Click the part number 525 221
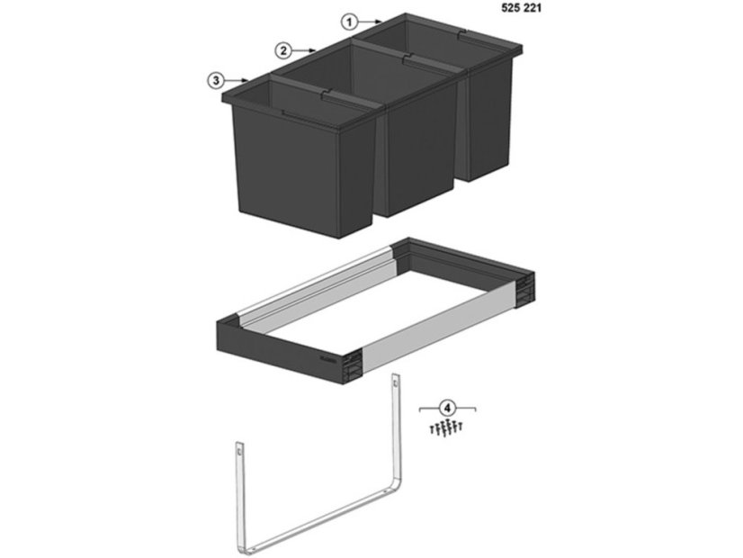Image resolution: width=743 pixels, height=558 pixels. click(x=521, y=8)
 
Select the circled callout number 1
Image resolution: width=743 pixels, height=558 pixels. click(x=350, y=22)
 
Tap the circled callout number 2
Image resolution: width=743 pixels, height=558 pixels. click(x=283, y=50)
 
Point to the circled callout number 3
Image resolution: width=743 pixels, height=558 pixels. click(x=216, y=80)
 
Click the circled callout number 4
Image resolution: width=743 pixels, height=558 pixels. click(x=448, y=407)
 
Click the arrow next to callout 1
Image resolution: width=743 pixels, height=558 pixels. click(x=370, y=22)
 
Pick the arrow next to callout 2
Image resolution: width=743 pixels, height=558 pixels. click(x=304, y=49)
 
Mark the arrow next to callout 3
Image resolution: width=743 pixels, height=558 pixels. click(x=237, y=80)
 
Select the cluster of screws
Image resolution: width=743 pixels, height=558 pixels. click(x=445, y=427)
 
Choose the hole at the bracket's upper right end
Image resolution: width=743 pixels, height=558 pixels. click(x=395, y=381)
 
